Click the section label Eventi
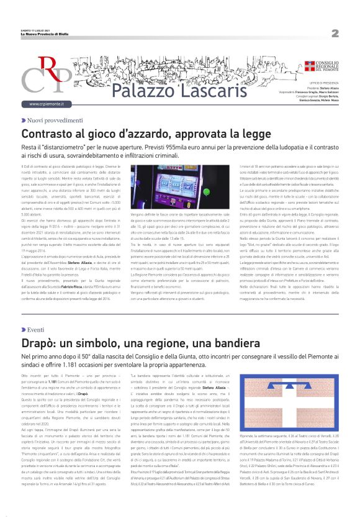click(x=35, y=329)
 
